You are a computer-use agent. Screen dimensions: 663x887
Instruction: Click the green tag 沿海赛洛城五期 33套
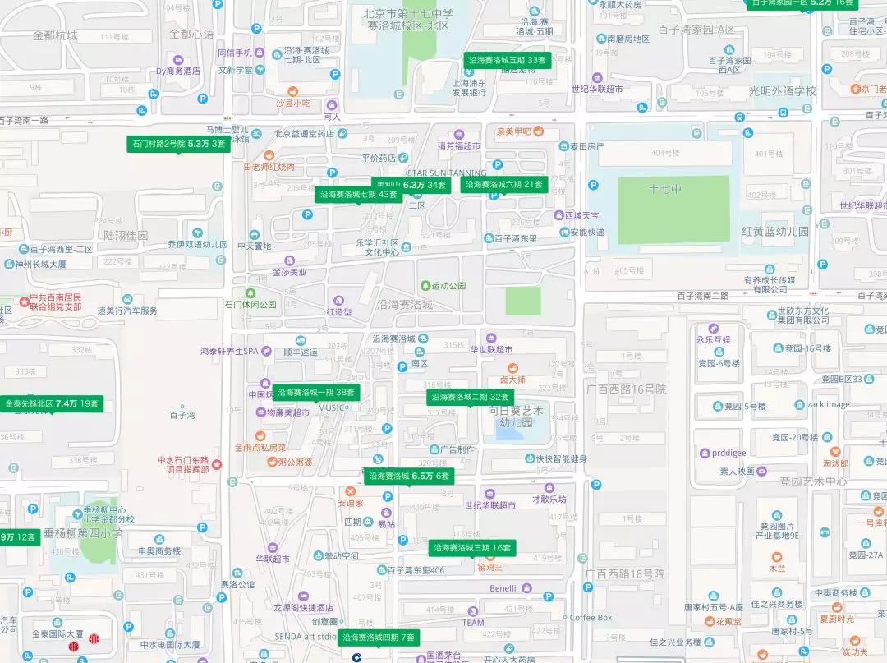pos(507,60)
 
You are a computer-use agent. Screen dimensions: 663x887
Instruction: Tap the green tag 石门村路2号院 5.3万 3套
pos(178,144)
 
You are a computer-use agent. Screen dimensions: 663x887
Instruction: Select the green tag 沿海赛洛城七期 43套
pos(359,195)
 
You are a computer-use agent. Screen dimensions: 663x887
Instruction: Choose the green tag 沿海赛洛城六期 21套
pos(504,185)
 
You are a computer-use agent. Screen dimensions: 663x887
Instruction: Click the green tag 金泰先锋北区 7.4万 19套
pos(52,403)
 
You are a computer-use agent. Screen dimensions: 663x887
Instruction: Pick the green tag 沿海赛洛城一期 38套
pos(316,393)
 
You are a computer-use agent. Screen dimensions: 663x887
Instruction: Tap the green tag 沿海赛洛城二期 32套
pos(471,397)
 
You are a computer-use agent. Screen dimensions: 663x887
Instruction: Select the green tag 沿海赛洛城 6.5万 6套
pos(408,476)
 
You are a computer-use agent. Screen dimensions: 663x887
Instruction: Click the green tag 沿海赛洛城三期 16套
pos(471,547)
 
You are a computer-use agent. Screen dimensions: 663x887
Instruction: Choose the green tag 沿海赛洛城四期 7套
pos(379,637)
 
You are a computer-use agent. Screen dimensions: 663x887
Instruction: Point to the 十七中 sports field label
pos(664,189)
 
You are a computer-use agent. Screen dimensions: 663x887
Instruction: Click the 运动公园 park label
pos(448,285)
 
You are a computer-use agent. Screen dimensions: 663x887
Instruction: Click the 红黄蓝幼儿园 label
pos(775,232)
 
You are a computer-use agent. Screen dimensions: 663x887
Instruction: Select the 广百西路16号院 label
pos(626,389)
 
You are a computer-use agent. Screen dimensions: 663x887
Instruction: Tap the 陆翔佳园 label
pos(126,235)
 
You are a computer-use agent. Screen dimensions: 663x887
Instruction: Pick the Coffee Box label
pos(591,617)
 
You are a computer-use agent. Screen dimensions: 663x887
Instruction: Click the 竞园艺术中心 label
pos(813,481)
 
